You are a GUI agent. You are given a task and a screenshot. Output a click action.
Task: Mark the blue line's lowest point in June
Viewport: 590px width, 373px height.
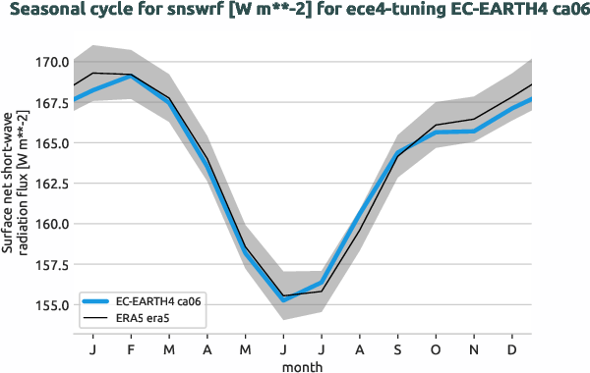click(x=283, y=299)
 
